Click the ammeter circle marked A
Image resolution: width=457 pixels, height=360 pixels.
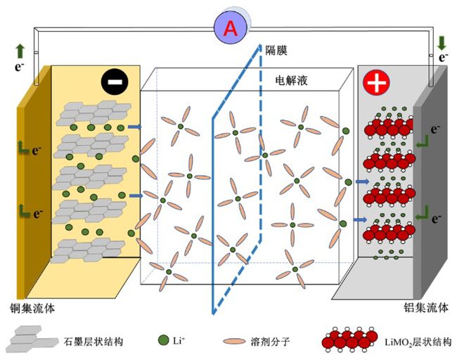point(229,28)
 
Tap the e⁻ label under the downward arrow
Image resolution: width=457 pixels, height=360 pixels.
point(443,58)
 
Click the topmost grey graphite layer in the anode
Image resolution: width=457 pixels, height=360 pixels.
point(91,110)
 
